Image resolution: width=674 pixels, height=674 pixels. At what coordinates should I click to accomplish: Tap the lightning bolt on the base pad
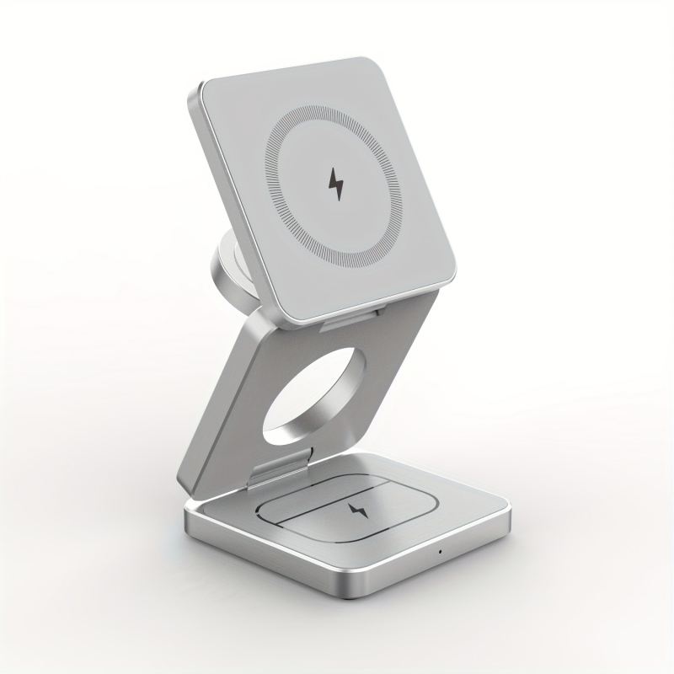(353, 511)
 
